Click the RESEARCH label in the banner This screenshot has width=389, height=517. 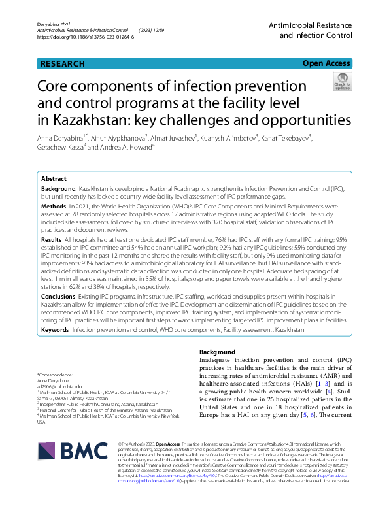(63, 64)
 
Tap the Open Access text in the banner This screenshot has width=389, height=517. (326, 64)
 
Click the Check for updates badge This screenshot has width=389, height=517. (342, 83)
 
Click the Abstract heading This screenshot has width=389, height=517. (54, 178)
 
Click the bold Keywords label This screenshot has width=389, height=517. (55, 331)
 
